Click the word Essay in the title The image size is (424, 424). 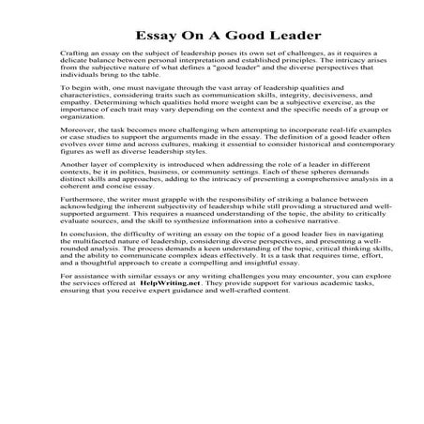coord(155,33)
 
